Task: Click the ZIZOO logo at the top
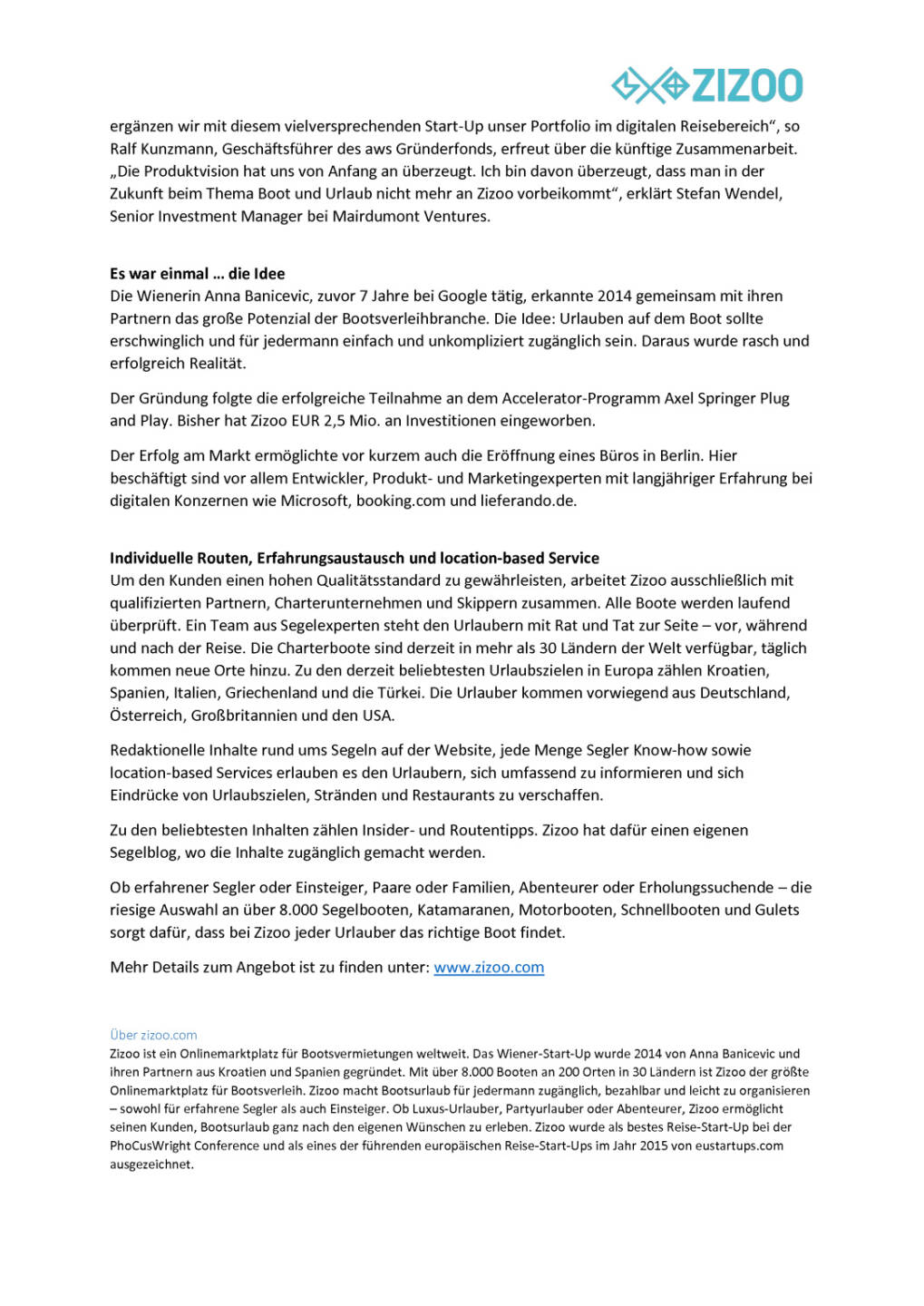pos(707,85)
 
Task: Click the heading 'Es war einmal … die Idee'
pos(197,274)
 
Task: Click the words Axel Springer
pos(708,398)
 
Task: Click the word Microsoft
pos(314,501)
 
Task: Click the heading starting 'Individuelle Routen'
pos(354,558)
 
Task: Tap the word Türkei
pos(400,693)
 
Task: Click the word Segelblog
pos(146,853)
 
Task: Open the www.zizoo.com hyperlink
pos(489,968)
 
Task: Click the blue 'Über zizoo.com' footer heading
pos(153,1035)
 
